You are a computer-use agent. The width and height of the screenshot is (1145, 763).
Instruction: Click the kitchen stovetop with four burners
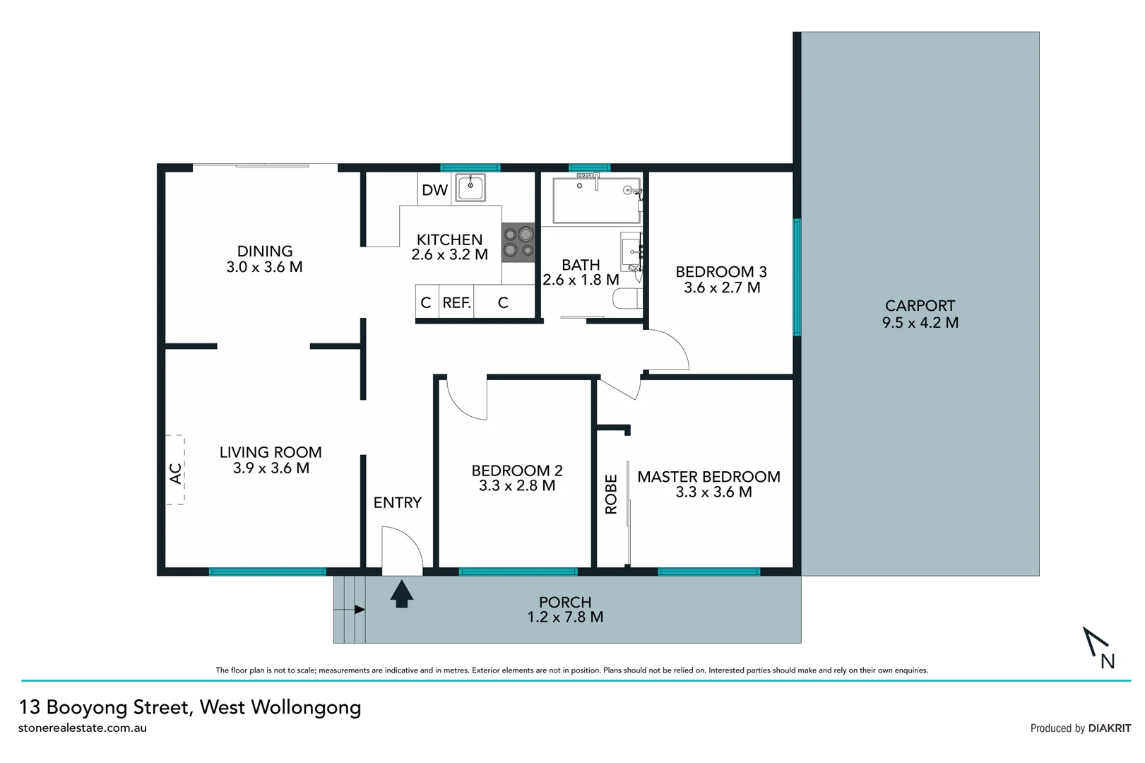point(518,242)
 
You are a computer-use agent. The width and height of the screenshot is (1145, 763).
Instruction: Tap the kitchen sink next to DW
point(470,188)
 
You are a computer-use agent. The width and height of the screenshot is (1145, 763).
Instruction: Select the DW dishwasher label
point(434,190)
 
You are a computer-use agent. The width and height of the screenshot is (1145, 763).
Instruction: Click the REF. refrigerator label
point(456,303)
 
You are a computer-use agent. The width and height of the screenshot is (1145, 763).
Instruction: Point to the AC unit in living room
point(175,471)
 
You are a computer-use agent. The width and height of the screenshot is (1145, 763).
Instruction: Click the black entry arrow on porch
point(402,594)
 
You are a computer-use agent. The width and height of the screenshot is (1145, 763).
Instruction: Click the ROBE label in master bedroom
point(612,494)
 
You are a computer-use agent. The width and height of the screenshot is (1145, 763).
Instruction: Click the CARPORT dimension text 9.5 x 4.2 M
point(920,323)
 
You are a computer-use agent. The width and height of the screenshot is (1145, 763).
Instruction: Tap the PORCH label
point(565,602)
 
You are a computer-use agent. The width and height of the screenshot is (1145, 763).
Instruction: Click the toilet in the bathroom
point(627,300)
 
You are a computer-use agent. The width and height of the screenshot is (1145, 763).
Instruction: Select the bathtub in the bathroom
point(595,200)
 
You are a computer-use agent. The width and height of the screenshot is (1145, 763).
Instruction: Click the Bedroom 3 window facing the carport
point(797,277)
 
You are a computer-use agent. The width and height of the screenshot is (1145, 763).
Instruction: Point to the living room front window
point(267,572)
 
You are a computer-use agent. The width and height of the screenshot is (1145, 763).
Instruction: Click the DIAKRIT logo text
point(1109,728)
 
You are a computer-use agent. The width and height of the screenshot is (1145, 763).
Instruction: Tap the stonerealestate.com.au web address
point(83,728)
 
